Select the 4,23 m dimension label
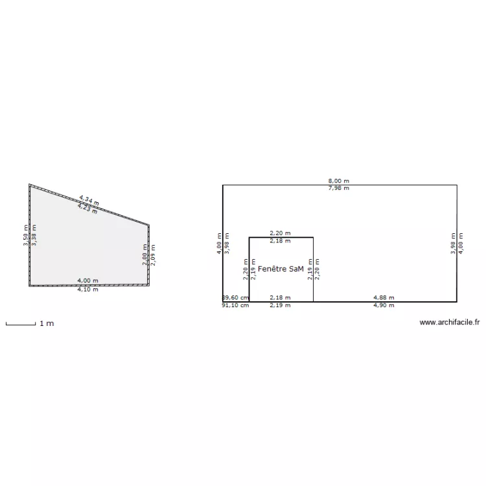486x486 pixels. [87, 209]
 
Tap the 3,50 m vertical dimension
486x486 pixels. [26, 235]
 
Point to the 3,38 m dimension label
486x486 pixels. [34, 235]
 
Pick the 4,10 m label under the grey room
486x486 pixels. [87, 290]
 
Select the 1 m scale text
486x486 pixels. [47, 323]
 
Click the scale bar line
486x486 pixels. [20, 323]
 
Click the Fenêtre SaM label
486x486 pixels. [280, 268]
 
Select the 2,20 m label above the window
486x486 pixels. [280, 233]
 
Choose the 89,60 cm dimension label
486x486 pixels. [235, 298]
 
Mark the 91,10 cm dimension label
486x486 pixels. [235, 305]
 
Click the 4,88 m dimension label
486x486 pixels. [384, 298]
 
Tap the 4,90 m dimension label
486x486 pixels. [384, 305]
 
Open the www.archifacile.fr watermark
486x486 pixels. [449, 322]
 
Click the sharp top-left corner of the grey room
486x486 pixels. [30, 185]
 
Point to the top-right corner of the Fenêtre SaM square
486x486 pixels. [314, 237]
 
